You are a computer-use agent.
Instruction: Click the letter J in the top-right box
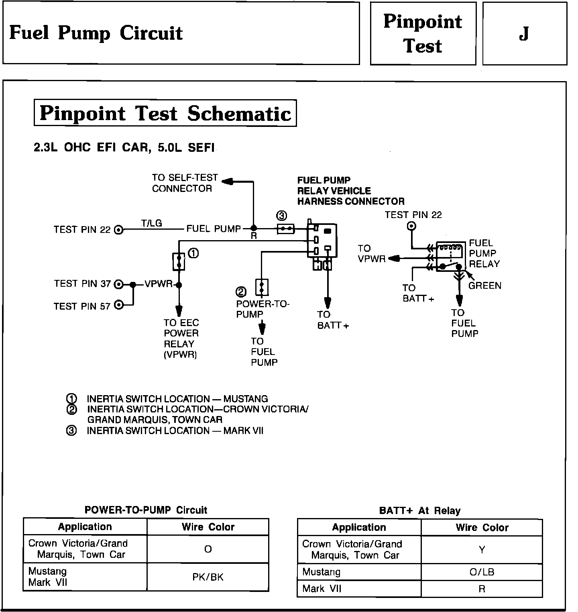524,34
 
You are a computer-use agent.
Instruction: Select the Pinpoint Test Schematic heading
165,113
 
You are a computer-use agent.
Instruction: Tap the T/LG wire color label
151,223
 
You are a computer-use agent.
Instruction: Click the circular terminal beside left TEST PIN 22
118,230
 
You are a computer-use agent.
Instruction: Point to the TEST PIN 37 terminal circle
118,284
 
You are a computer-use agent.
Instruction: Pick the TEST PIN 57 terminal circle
118,305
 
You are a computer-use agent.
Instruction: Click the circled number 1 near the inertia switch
193,253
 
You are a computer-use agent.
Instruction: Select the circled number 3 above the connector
282,216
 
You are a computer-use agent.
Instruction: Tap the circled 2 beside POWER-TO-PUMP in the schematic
240,292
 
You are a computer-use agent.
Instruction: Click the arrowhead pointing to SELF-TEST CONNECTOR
227,182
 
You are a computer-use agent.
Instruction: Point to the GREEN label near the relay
485,286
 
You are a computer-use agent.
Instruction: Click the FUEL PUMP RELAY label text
484,253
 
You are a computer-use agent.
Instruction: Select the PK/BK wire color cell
208,577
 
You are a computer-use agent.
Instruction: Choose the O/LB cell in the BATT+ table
482,572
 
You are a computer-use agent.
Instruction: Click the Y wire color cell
482,550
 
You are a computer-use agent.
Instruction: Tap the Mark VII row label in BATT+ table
322,589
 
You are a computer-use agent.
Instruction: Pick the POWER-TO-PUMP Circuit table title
146,510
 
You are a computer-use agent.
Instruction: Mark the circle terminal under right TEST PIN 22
411,226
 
